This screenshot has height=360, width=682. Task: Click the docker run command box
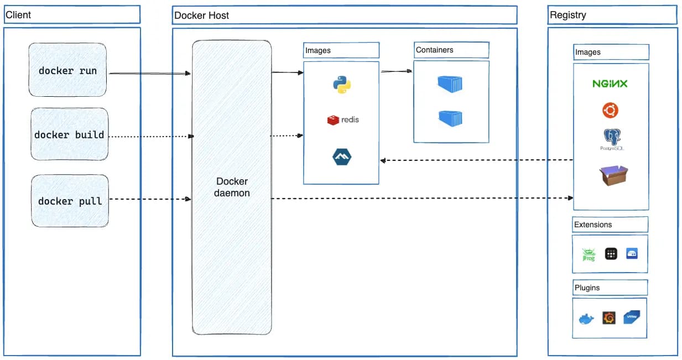pos(67,70)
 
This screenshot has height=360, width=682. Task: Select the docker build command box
pos(69,134)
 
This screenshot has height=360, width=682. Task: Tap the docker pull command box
pos(70,201)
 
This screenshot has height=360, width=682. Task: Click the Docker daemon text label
pos(232,187)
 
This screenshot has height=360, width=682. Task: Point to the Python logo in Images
pos(341,85)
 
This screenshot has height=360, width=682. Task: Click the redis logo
pos(343,119)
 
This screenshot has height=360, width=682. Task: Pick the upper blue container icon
pos(450,84)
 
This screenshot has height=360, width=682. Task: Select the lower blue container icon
pos(450,118)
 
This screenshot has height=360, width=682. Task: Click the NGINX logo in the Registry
pos(610,84)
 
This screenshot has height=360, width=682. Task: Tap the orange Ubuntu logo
pos(610,111)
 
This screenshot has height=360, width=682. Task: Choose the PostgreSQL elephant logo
pos(610,139)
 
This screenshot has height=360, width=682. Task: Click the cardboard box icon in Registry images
pos(613,176)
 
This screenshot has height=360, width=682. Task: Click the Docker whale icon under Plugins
pos(586,319)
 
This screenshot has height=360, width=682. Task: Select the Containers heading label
pos(435,50)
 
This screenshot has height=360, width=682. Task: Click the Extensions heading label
pos(593,225)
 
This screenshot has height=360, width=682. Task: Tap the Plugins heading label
pos(587,288)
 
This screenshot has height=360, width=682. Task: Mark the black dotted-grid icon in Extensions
pos(611,254)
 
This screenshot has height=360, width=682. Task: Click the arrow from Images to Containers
pos(397,71)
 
